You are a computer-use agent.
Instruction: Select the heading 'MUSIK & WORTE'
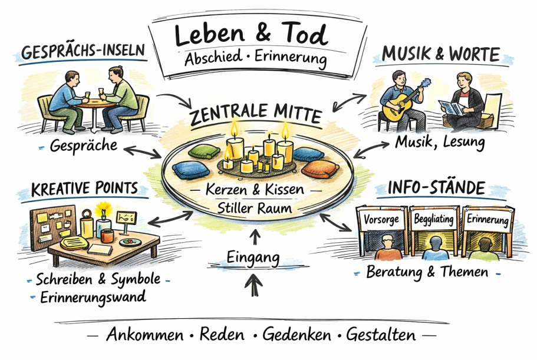[x=441, y=55]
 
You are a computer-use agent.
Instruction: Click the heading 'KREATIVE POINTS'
[x=84, y=189]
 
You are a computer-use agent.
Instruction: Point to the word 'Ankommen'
[x=144, y=335]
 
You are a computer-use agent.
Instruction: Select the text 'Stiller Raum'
[x=255, y=207]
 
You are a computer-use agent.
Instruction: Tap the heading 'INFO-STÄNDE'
[x=436, y=189]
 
